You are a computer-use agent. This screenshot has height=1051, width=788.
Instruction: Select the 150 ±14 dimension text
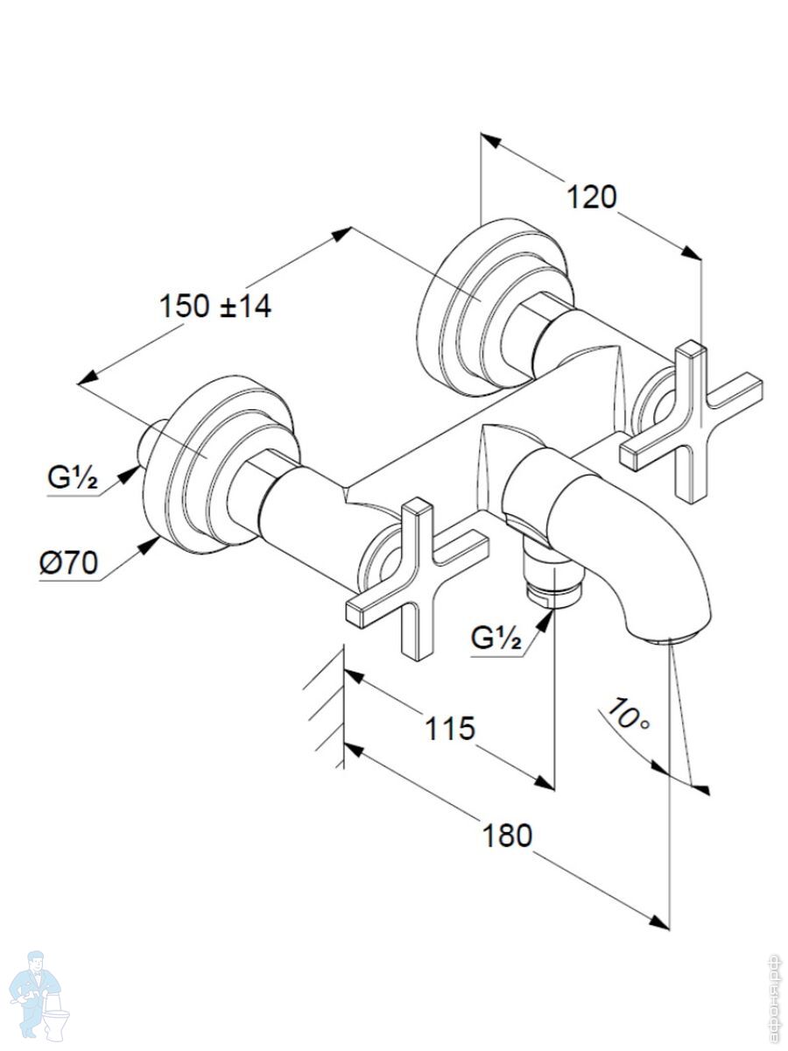215,307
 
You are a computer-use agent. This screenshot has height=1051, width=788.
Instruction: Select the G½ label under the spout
496,639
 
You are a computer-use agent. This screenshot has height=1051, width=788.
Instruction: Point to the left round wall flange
219,464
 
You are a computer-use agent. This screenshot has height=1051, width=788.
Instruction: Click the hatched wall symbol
326,709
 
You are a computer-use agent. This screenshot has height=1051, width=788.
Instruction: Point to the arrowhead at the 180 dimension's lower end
660,921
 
